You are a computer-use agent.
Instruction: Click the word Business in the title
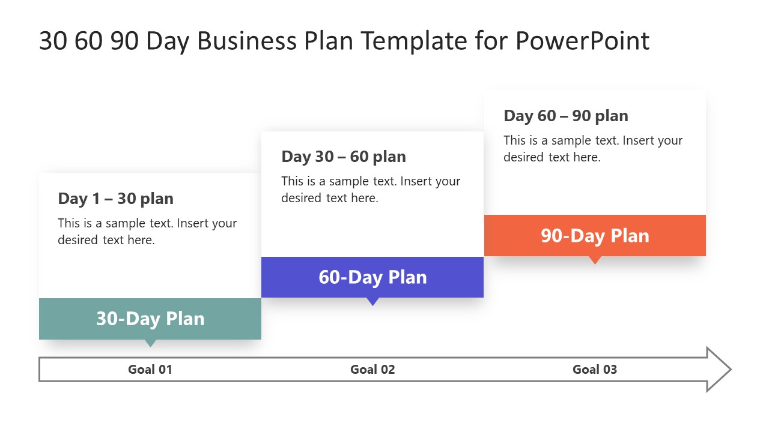coord(247,41)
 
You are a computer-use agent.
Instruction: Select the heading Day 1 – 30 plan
coord(116,199)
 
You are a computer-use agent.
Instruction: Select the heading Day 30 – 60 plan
coord(344,157)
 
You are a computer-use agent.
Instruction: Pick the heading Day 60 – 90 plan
coord(566,116)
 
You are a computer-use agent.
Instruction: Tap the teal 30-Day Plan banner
coord(150,319)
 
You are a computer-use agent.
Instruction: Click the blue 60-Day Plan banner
coord(372,277)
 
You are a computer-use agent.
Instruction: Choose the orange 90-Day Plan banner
coord(595,236)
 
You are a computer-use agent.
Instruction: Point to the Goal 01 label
coord(150,370)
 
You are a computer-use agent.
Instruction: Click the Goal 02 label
coord(372,370)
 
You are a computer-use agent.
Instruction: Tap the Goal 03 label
coord(595,370)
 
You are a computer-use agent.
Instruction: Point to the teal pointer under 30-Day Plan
coord(150,343)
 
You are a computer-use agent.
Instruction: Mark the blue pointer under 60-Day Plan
coord(372,301)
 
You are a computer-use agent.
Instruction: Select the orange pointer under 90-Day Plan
coord(595,259)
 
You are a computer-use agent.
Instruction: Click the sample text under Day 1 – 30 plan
coord(147,232)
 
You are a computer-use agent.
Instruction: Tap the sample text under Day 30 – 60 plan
coord(371,190)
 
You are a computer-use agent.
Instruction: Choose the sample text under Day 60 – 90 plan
coord(593,149)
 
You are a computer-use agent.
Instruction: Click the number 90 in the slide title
coord(124,41)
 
